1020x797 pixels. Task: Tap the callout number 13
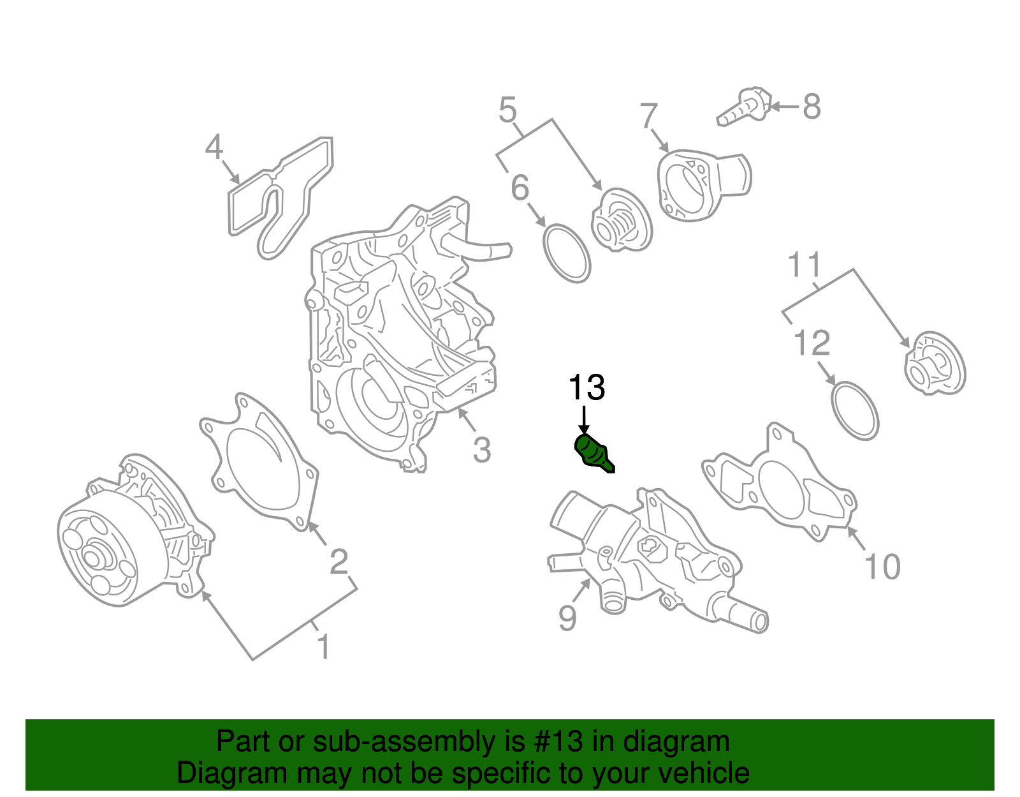tap(586, 388)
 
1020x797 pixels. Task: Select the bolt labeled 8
tap(745, 108)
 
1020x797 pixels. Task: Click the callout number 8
tap(811, 107)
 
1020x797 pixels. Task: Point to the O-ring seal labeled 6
tap(566, 253)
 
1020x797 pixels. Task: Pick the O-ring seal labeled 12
tap(855, 411)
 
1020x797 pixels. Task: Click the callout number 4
tap(214, 147)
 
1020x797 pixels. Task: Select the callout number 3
tap(482, 450)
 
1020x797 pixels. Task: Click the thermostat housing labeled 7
tap(701, 186)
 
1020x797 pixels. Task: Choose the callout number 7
tap(648, 117)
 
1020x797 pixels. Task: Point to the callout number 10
tap(882, 567)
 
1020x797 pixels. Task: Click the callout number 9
tap(567, 618)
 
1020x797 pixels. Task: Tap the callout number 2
tap(339, 562)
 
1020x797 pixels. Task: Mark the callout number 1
tap(324, 647)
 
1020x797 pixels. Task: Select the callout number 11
tap(805, 265)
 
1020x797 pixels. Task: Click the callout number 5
tap(507, 110)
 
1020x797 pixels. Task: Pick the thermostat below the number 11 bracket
tap(935, 363)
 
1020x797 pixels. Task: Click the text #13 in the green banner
tap(555, 742)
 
